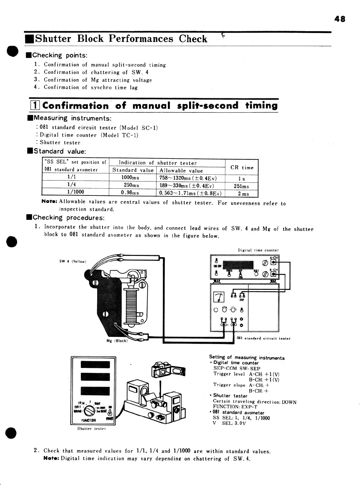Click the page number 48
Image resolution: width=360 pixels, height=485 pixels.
340,19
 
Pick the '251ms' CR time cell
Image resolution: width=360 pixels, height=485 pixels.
241,186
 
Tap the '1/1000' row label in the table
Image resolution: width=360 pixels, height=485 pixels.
76,192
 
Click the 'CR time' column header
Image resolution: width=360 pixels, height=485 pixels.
242,167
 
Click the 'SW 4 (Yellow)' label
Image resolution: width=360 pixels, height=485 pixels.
73,261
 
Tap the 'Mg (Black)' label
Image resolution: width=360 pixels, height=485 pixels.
117,341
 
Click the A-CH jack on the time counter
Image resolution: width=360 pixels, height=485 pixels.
273,262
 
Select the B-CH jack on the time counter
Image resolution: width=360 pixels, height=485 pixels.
273,274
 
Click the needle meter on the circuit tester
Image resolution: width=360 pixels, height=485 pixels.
219,298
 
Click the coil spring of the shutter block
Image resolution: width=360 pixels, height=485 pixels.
130,305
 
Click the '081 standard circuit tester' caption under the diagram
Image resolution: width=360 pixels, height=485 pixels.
263,338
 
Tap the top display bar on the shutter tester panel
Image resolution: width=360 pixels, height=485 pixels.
95,365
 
